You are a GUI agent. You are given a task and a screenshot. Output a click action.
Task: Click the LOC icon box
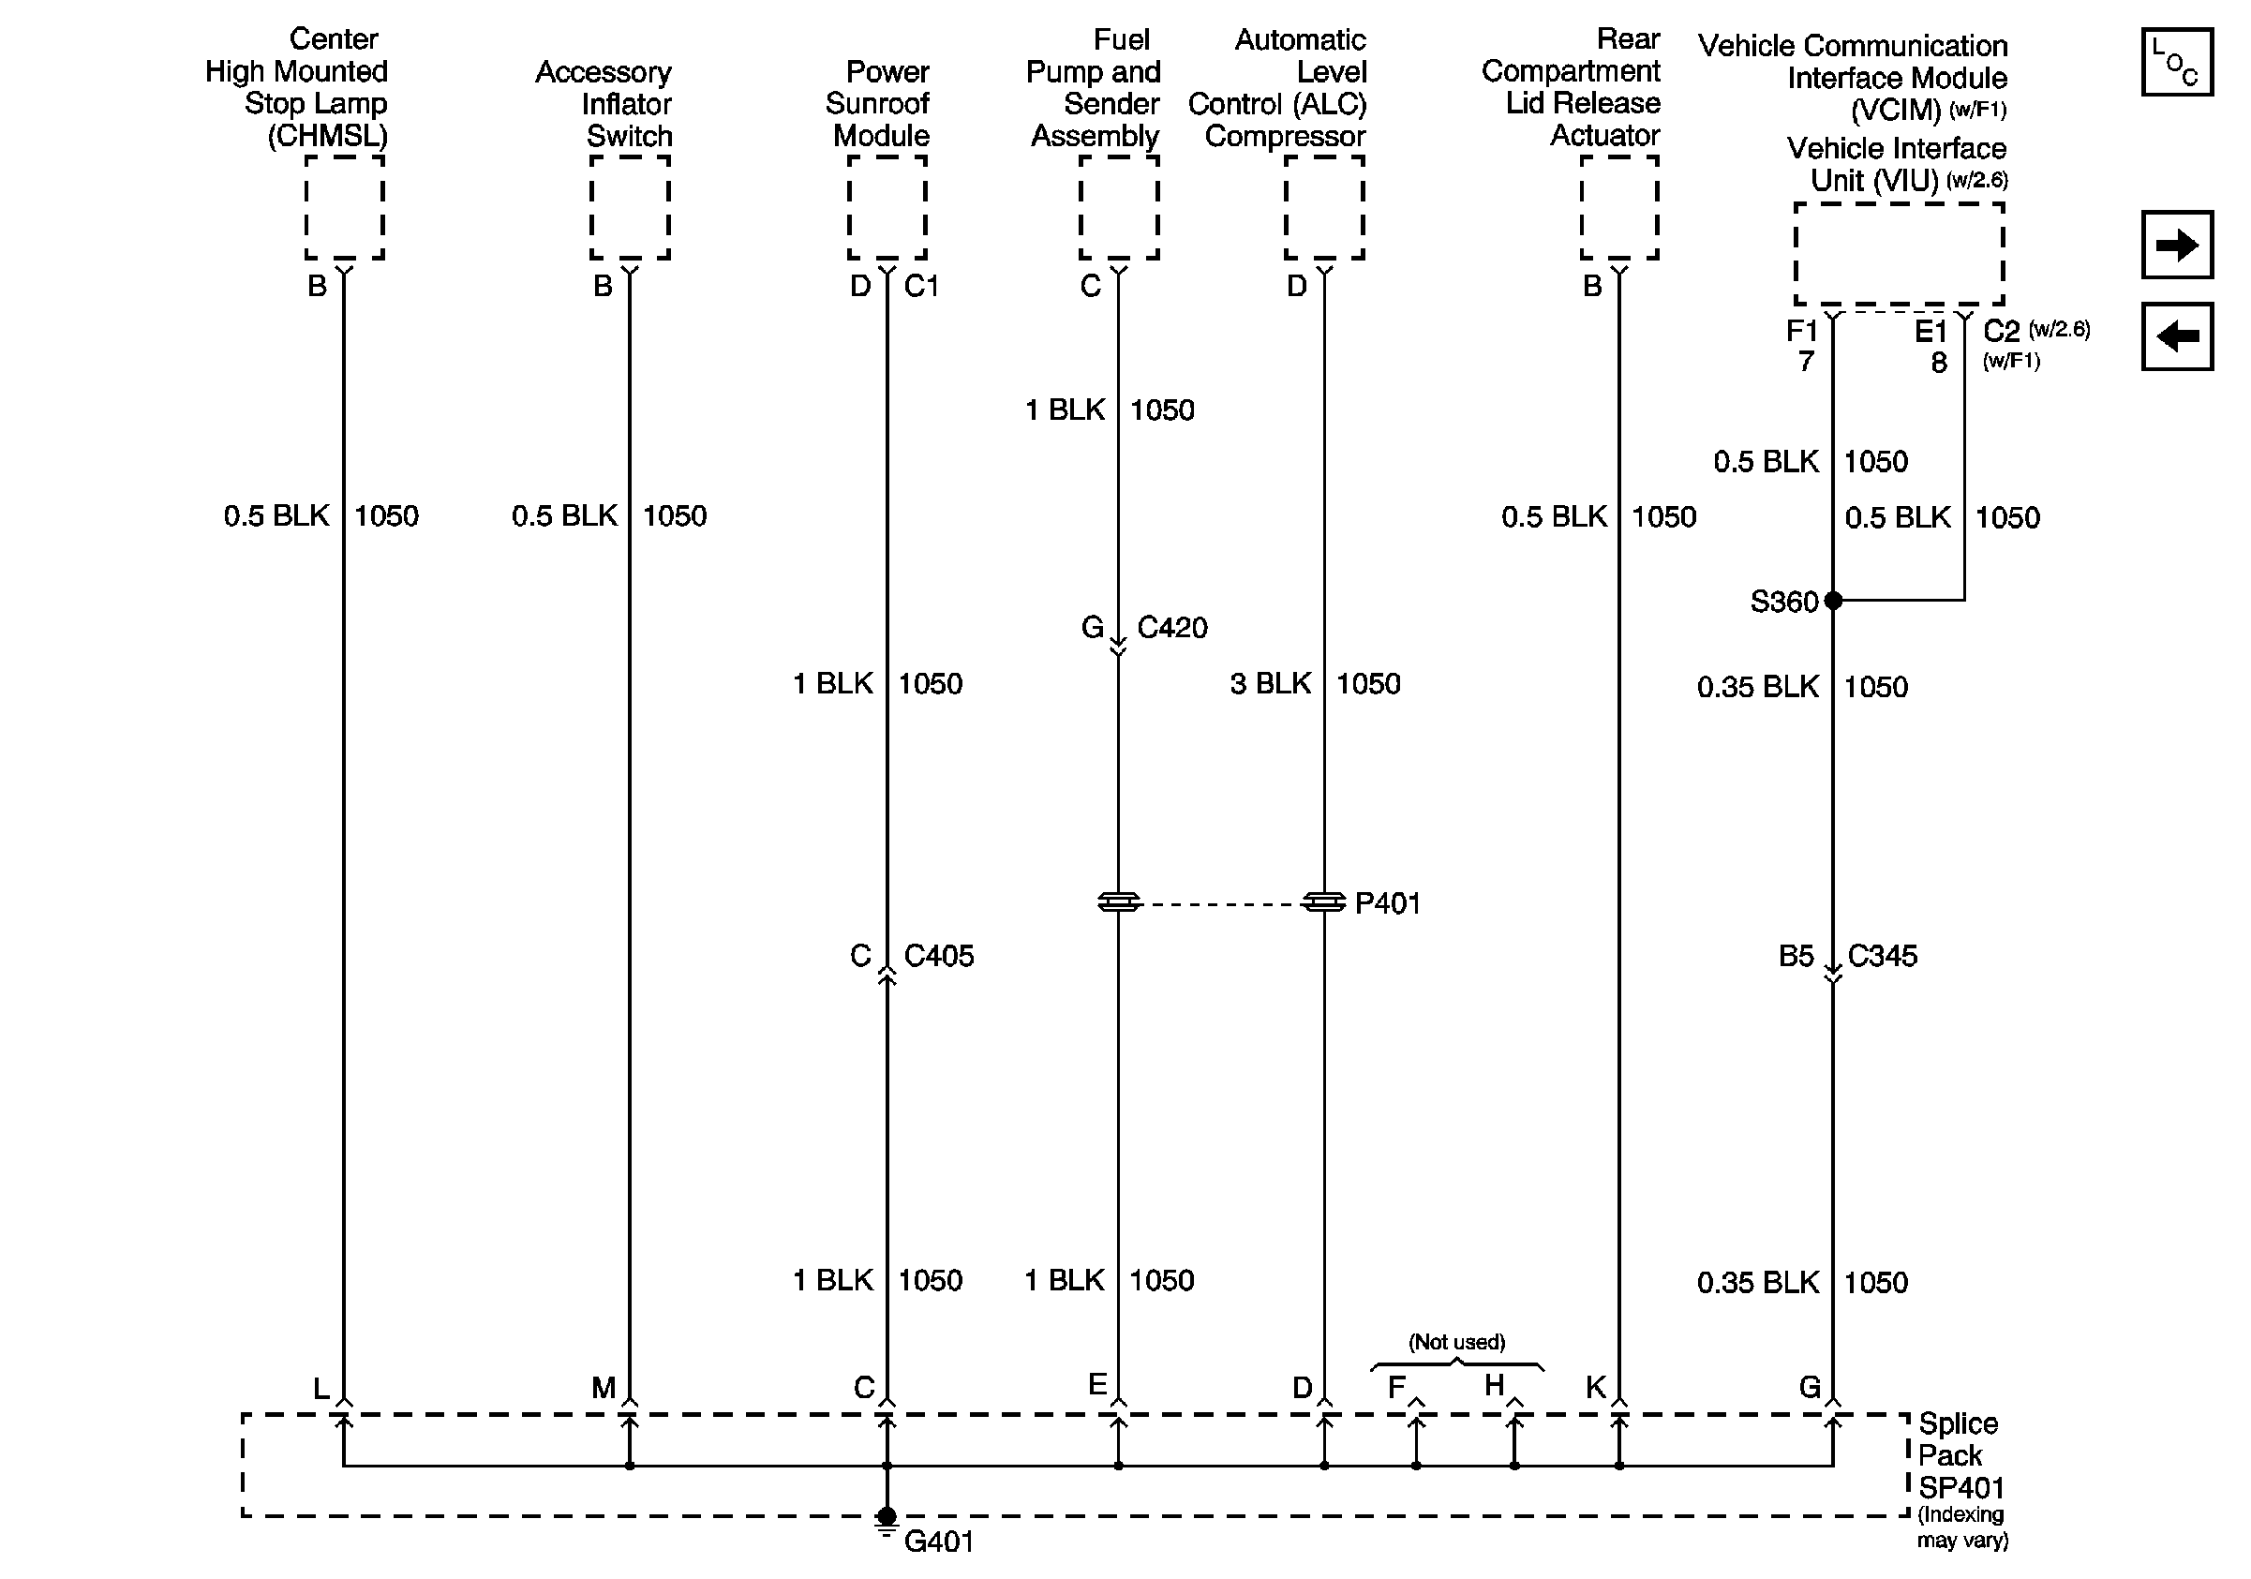2175,62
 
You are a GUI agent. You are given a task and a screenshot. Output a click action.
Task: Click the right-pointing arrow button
2175,244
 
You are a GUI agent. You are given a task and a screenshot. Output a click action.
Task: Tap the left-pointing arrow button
2175,336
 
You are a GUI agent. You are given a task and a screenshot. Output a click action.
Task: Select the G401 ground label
938,1542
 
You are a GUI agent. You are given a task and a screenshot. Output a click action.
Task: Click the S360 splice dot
1832,601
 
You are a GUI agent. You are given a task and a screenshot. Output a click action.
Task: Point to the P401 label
1387,902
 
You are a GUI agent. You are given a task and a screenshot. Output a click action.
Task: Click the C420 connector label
1171,627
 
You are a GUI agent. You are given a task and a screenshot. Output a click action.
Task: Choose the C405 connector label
938,956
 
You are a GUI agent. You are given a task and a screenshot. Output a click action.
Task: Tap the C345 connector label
1882,956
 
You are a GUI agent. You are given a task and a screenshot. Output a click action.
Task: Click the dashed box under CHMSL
344,207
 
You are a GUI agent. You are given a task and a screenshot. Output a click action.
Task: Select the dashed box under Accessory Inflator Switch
630,207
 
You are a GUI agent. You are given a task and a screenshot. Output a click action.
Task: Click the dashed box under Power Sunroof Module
887,207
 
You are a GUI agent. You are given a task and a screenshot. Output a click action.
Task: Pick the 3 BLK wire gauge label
1270,683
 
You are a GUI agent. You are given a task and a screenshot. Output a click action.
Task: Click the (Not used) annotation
1456,1342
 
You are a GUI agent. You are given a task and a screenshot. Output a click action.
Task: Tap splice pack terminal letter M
603,1388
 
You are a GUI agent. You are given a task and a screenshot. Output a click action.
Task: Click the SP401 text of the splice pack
1960,1488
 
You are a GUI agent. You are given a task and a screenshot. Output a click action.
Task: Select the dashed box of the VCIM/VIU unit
1898,254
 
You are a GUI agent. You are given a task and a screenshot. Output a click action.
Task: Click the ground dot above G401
887,1515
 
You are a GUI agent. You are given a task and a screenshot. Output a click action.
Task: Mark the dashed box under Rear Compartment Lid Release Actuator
1618,207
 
